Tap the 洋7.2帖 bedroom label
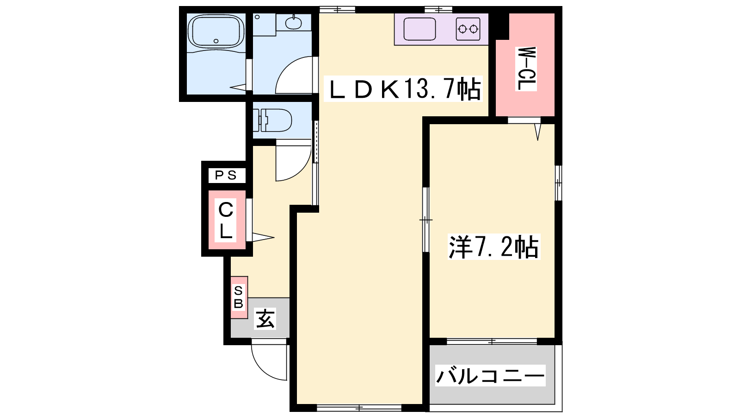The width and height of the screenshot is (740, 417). [493, 246]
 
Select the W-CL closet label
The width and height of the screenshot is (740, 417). [526, 69]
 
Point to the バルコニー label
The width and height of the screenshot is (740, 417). [490, 375]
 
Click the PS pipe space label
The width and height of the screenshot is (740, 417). [226, 175]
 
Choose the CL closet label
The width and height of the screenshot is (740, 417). [226, 220]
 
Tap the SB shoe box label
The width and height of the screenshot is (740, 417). [239, 297]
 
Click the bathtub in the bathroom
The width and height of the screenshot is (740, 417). [216, 32]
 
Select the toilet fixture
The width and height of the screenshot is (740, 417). [272, 120]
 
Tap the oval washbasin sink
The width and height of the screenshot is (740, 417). [293, 23]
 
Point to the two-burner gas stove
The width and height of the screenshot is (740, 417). [468, 29]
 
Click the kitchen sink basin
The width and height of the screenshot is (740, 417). [419, 29]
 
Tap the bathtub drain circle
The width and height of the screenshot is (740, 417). [216, 41]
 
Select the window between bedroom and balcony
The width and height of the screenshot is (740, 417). [492, 341]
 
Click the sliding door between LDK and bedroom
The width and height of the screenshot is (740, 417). [426, 220]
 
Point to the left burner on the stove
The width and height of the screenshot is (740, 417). [462, 30]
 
